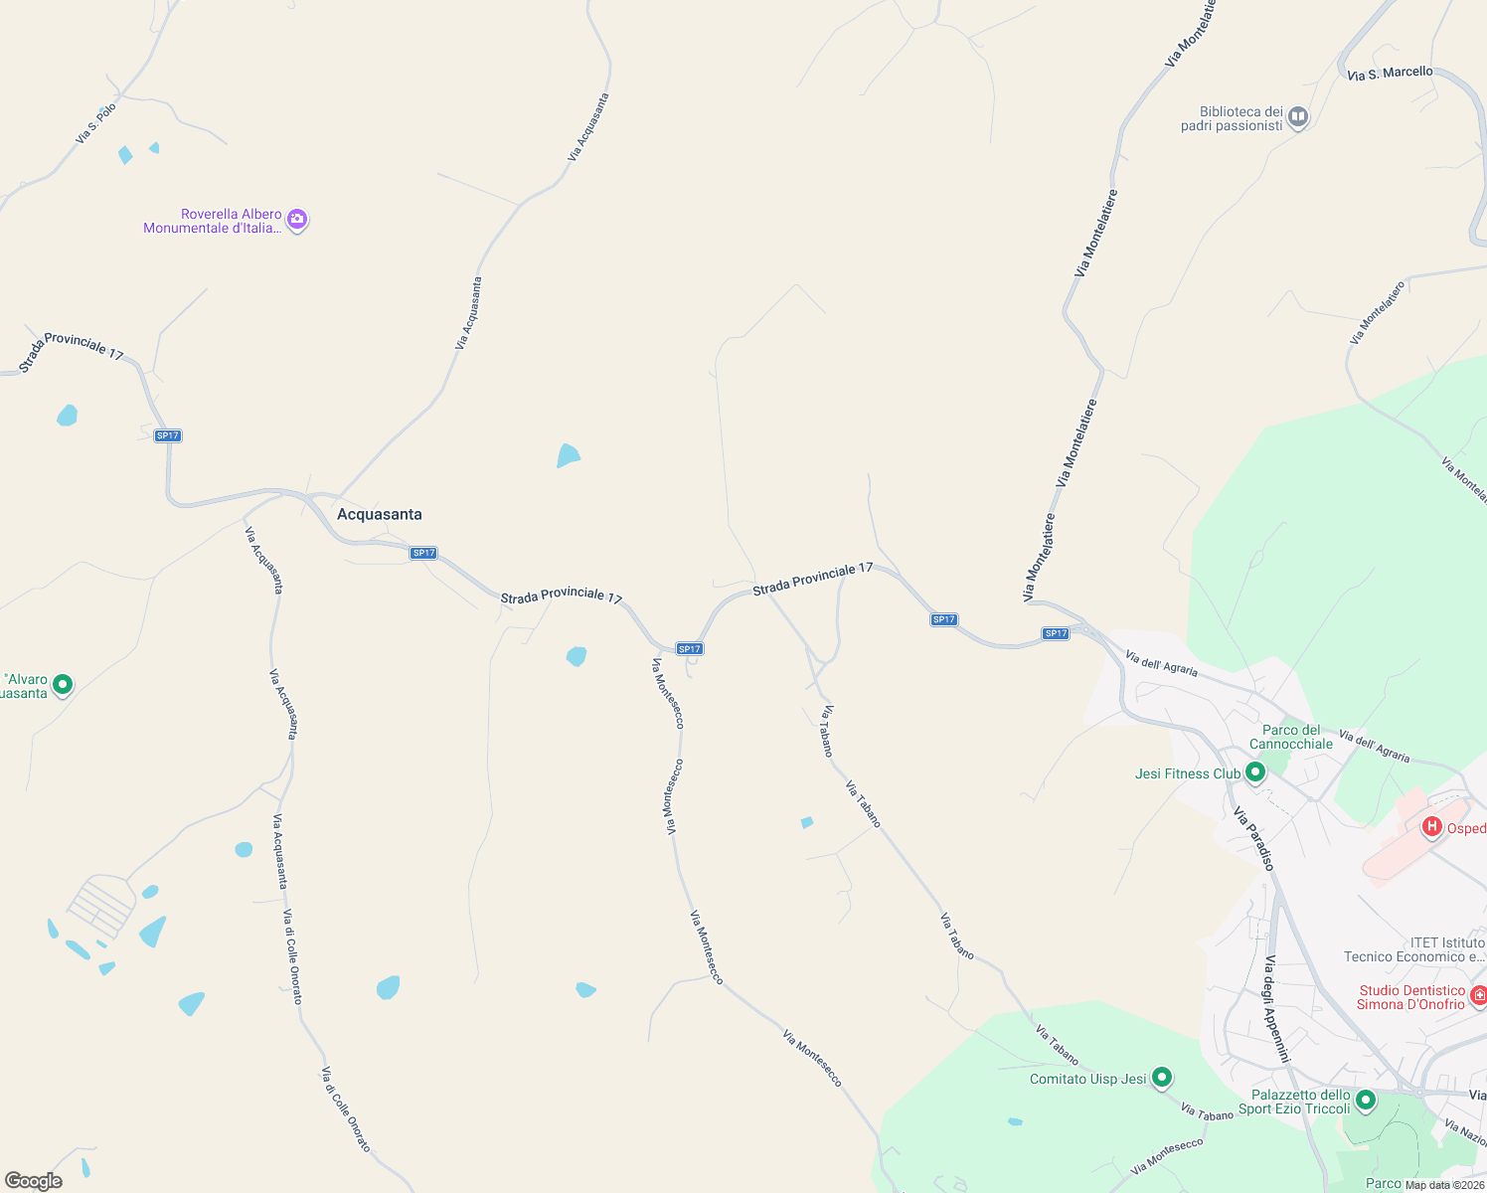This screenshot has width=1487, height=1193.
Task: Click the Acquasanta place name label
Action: click(380, 514)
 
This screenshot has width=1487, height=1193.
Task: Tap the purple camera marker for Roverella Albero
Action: click(296, 221)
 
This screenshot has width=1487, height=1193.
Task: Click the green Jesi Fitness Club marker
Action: click(1254, 772)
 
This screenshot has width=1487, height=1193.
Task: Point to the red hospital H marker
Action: click(1432, 827)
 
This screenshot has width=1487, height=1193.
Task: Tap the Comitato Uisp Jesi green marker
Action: click(1161, 1078)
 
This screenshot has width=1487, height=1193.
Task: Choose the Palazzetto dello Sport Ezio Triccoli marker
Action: click(1365, 1100)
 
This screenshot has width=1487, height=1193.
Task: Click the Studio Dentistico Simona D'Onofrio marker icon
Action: click(1478, 995)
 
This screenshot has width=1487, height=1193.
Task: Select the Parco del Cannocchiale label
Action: click(1291, 737)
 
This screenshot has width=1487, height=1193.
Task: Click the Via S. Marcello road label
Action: click(1391, 73)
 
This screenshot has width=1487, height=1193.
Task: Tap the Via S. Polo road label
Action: click(95, 123)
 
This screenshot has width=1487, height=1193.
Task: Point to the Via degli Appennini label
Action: click(1276, 1008)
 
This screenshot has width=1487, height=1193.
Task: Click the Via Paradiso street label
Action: click(1253, 838)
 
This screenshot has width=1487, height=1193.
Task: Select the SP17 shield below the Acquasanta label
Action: click(423, 553)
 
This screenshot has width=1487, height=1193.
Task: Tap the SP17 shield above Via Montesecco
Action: click(690, 648)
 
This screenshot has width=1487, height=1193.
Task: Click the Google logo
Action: click(34, 1181)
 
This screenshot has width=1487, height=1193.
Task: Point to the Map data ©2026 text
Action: click(1444, 1184)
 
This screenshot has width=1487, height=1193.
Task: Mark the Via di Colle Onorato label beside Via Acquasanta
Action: click(292, 956)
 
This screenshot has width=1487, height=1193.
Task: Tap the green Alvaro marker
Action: click(63, 684)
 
